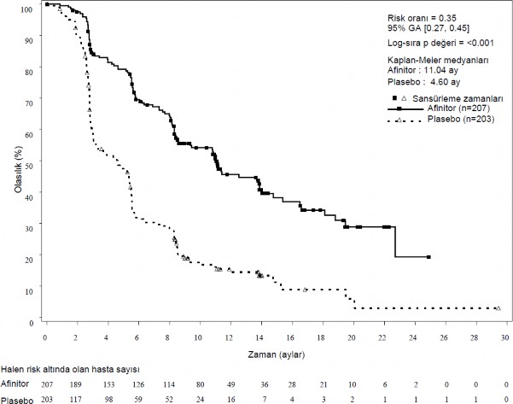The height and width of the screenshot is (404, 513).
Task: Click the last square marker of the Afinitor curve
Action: tap(428, 256)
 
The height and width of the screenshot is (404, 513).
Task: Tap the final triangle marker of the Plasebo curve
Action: tap(498, 307)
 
